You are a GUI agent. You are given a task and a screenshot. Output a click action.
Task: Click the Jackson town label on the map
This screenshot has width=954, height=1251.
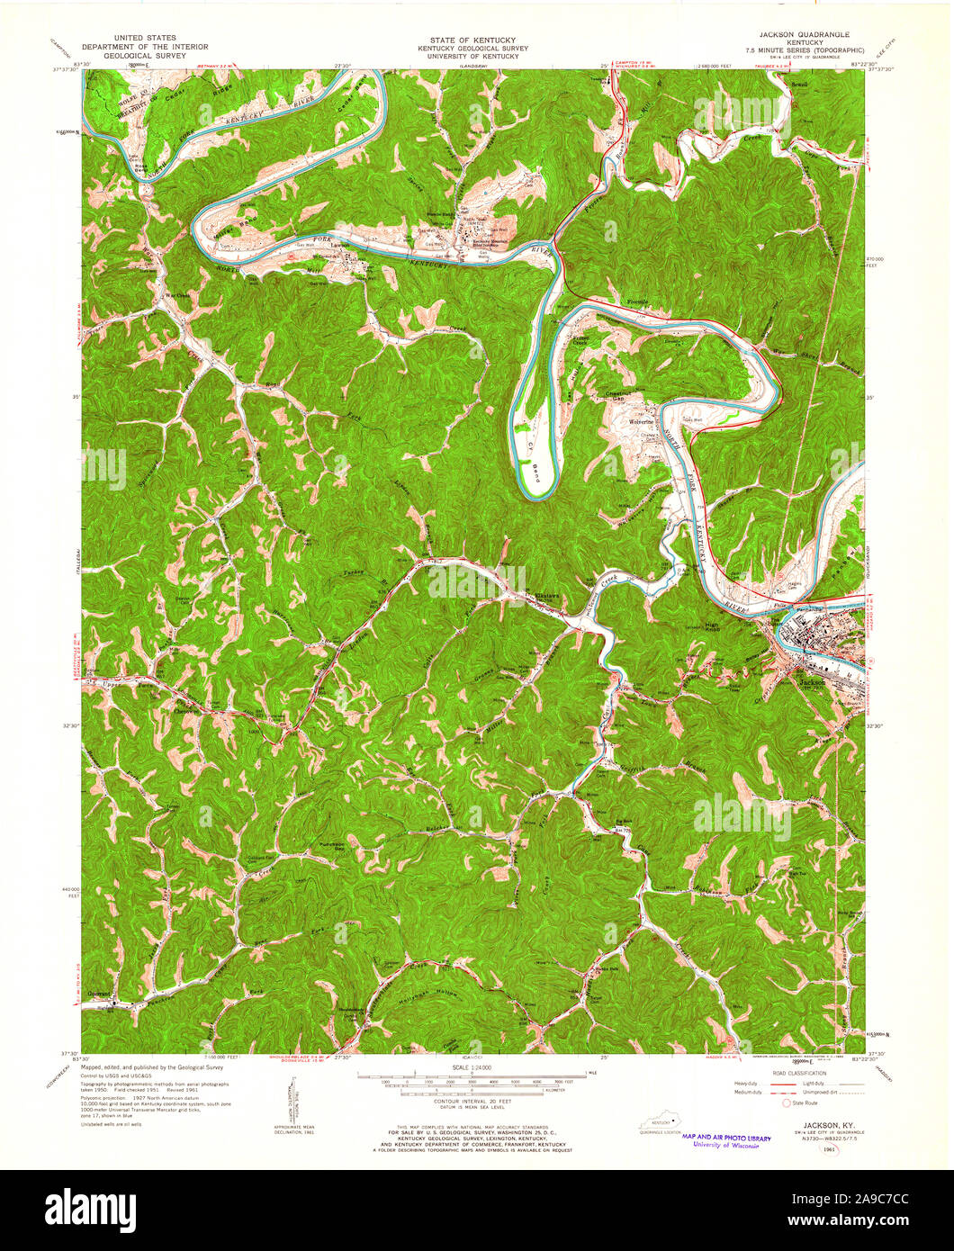pos(811,681)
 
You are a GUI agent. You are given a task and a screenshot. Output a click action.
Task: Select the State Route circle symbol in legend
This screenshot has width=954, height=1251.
pos(789,1102)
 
